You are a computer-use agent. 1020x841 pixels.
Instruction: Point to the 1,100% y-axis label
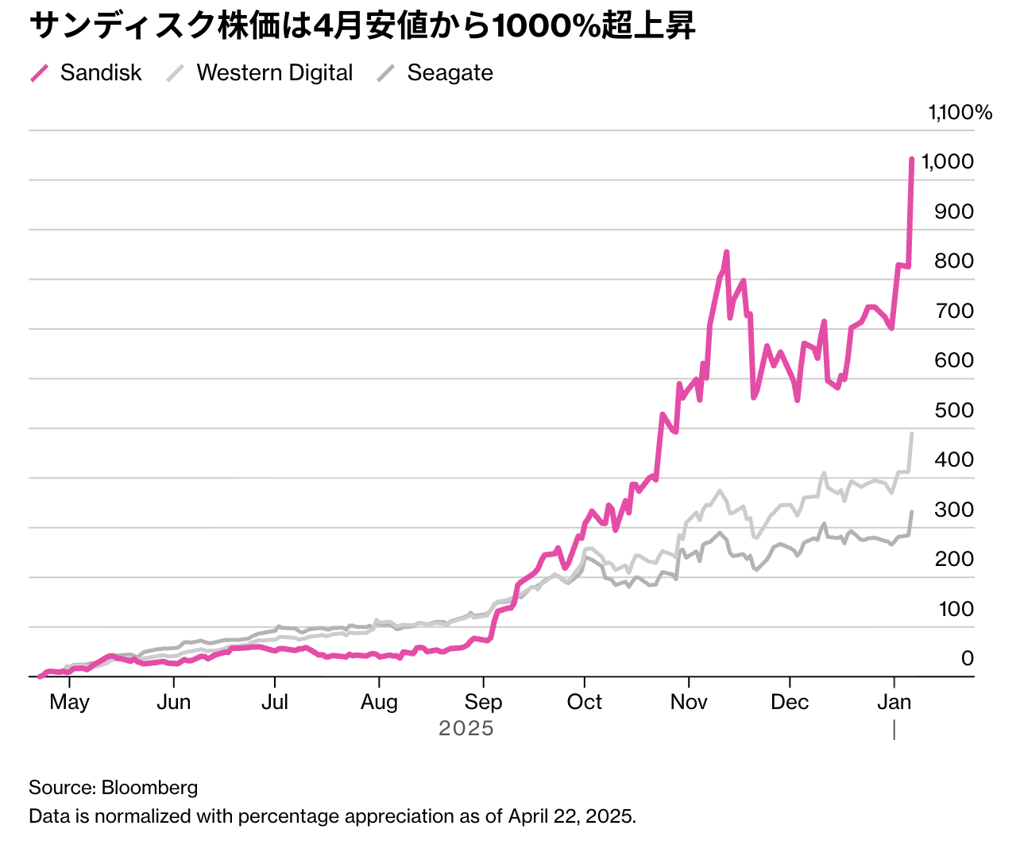click(x=960, y=113)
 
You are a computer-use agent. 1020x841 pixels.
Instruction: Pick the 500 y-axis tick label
click(x=954, y=410)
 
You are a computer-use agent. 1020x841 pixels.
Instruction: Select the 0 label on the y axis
click(x=967, y=658)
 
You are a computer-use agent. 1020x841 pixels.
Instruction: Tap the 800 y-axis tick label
click(x=954, y=261)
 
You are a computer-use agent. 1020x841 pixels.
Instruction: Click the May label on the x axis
click(x=69, y=702)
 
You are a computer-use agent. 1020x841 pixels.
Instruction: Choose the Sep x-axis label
click(x=483, y=702)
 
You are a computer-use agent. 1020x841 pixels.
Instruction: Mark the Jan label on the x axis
click(x=894, y=702)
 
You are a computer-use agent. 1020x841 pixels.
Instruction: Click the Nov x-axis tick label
click(x=689, y=702)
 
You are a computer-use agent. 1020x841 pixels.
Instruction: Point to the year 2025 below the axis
click(x=466, y=728)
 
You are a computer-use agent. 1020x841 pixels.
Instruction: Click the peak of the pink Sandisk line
click(x=912, y=160)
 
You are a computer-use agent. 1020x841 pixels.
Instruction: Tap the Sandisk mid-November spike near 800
click(x=726, y=253)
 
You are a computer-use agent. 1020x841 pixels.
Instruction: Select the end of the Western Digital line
click(x=912, y=434)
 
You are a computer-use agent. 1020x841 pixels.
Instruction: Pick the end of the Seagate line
click(x=912, y=512)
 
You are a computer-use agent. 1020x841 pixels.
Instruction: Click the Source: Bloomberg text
click(x=113, y=788)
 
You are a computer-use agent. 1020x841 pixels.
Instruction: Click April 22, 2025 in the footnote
click(x=572, y=816)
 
